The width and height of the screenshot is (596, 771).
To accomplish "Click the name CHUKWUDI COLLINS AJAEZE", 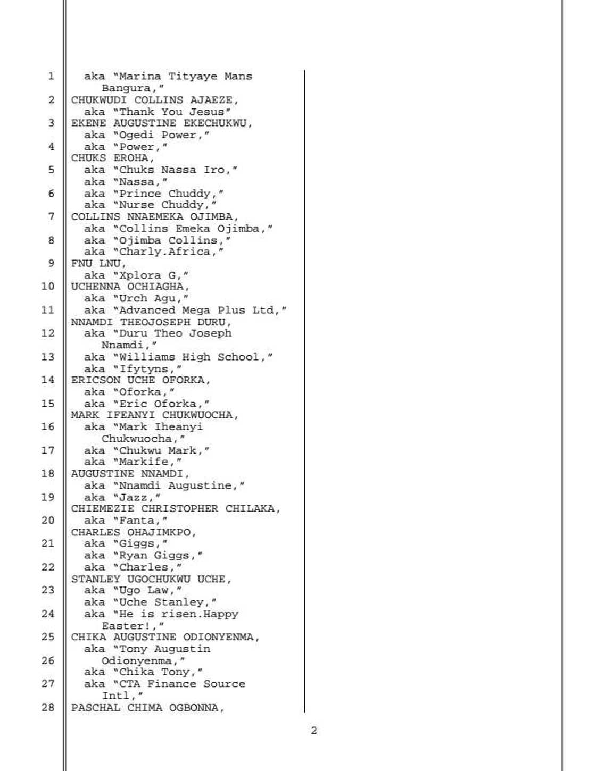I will [154, 100].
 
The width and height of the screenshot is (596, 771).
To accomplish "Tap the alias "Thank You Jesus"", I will [175, 112].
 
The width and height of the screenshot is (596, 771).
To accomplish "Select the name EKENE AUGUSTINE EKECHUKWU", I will [161, 123].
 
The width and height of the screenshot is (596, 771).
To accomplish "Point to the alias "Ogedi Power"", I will [164, 135].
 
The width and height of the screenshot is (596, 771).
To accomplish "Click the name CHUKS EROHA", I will [112, 158].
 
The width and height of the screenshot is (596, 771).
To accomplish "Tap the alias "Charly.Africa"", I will [171, 252].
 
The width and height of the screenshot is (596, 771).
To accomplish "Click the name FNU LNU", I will [98, 263].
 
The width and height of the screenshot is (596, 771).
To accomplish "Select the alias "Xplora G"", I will [153, 275].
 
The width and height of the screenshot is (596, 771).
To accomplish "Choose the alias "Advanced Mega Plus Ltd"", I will [202, 310].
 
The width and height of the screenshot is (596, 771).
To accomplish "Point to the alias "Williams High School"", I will [195, 357].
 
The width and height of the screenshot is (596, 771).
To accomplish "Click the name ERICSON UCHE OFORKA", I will [140, 380].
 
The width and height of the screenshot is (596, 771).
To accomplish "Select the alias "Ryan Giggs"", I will [160, 555].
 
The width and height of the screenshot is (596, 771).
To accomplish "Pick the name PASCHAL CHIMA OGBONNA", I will [147, 708].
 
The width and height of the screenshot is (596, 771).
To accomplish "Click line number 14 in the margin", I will [48, 380].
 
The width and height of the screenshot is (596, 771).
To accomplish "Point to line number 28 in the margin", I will [48, 707].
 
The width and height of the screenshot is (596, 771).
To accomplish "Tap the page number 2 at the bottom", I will [313, 731].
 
